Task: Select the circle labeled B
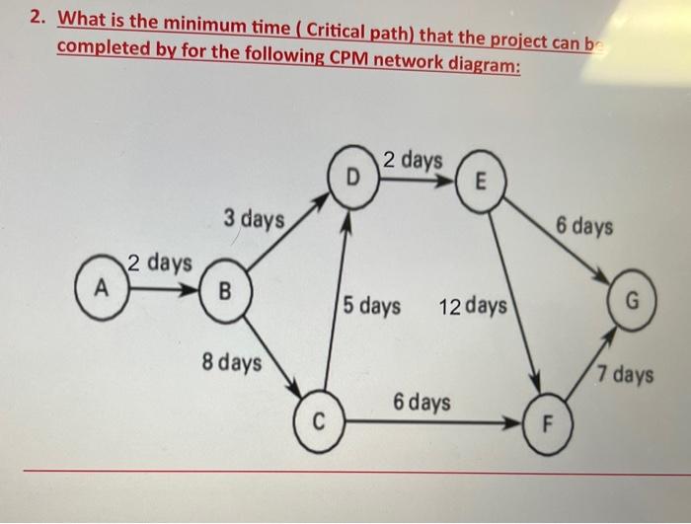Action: pos(225,291)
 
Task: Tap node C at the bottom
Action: pos(319,422)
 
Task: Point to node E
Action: pos(481,181)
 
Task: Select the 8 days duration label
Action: pos(232,362)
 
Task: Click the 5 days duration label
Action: pos(373,306)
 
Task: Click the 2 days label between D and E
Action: pos(414,159)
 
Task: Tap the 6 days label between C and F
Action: pos(422,402)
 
